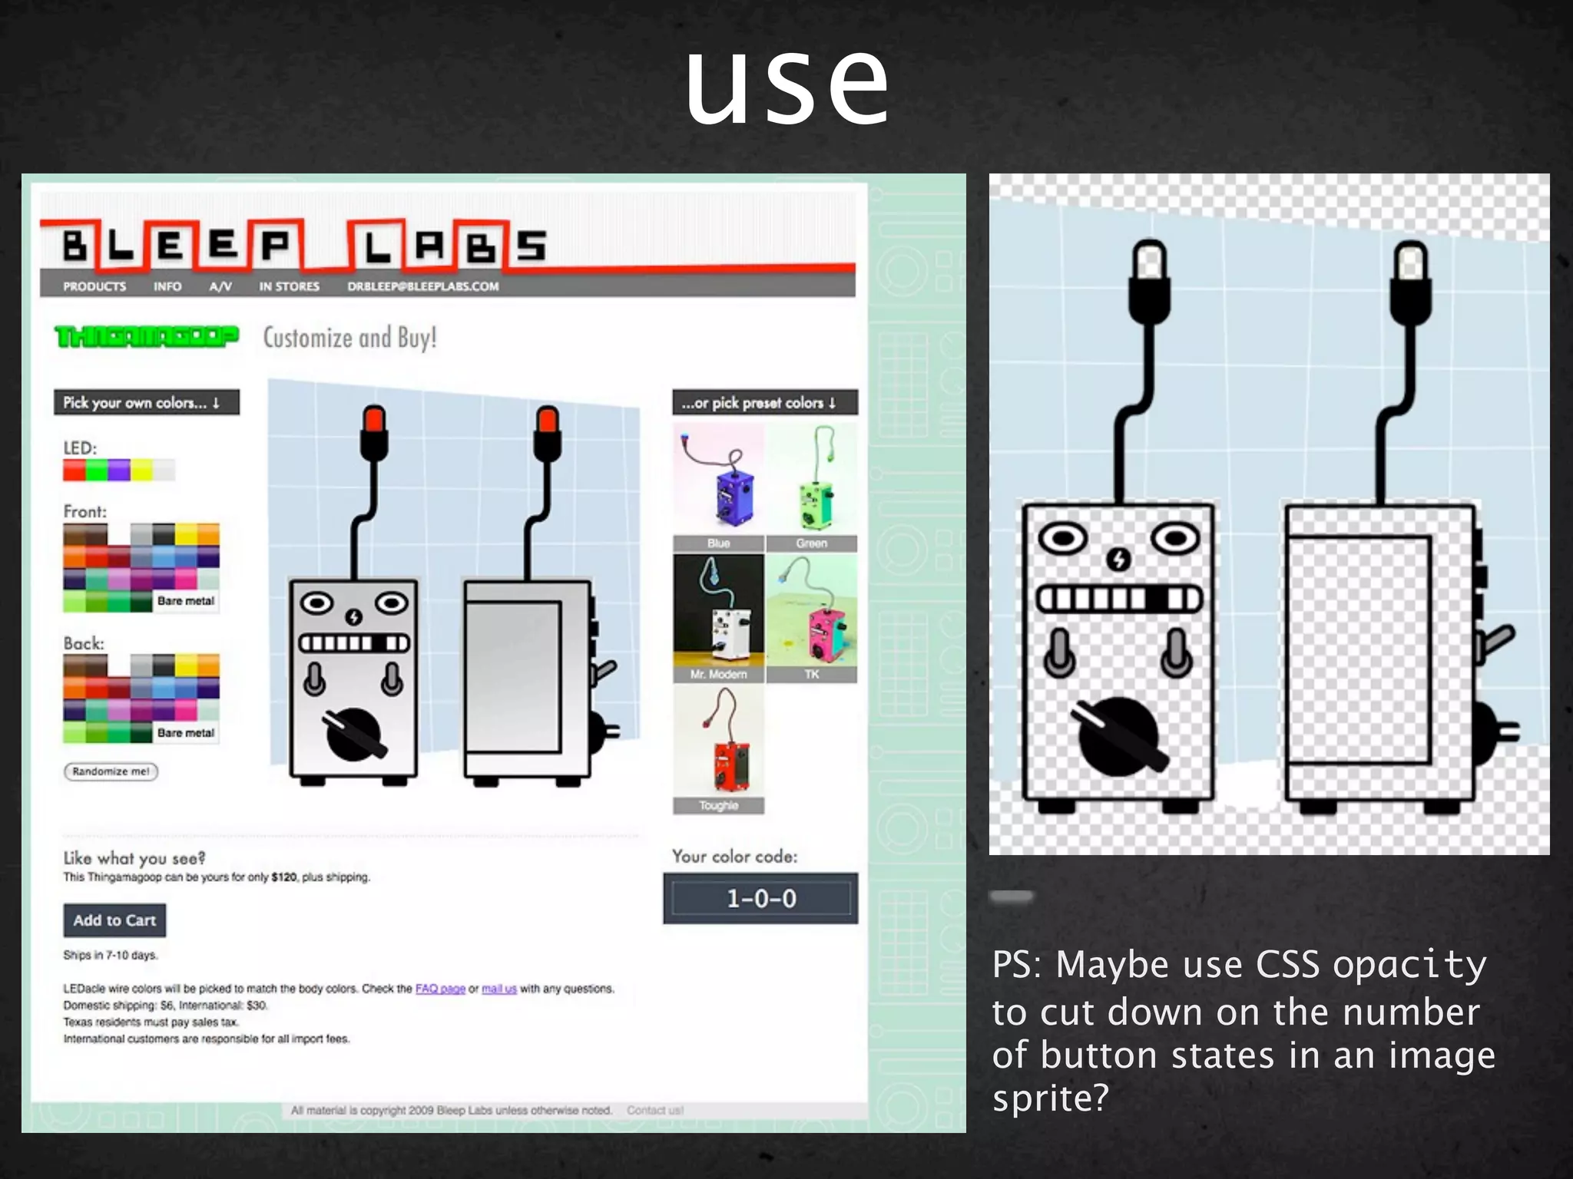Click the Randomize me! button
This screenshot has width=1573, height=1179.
coord(111,771)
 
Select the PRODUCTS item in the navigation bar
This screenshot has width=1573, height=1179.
coord(94,286)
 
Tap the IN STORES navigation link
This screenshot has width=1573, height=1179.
coord(289,286)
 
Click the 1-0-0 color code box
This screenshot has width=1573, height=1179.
coord(760,898)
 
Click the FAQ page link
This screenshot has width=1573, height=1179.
coord(440,989)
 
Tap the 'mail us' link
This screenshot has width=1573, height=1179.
coord(499,989)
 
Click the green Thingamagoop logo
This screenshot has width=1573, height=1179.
coord(146,337)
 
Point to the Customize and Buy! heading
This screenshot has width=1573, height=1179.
coord(350,338)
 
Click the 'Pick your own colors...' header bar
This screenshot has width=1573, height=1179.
coord(146,402)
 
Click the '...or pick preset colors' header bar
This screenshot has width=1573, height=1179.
coord(764,402)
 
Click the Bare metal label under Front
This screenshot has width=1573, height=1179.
coord(186,601)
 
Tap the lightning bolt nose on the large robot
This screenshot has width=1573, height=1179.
coord(1118,560)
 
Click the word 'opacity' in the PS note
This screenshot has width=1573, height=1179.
coord(1409,965)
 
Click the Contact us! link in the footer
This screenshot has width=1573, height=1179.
coord(654,1110)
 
